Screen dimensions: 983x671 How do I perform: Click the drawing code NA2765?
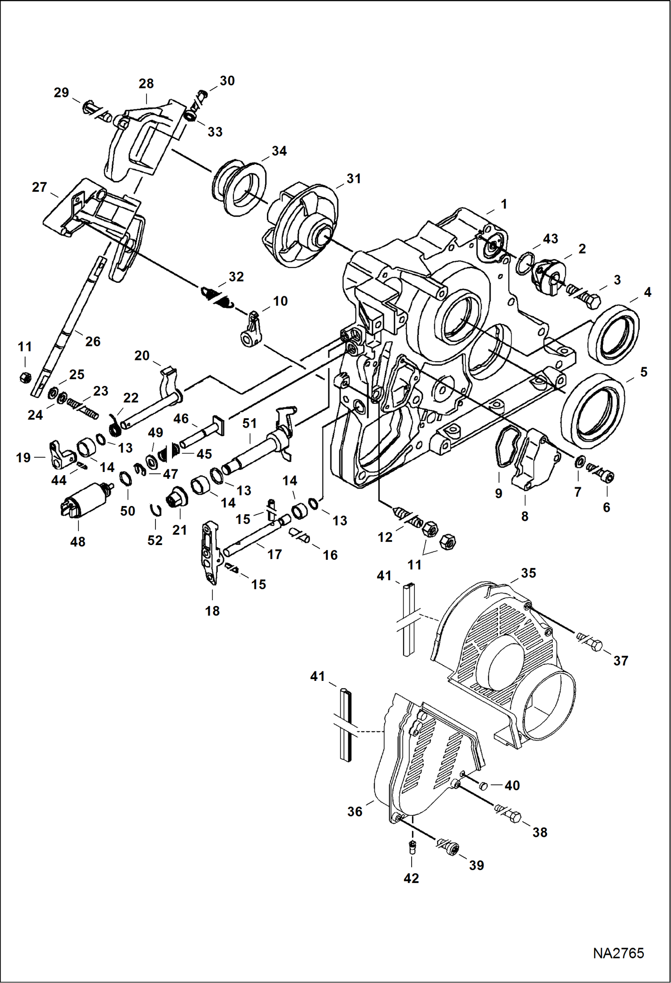(x=618, y=953)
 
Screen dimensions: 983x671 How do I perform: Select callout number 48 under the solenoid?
(x=77, y=542)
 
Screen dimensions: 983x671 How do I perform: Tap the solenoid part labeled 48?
(x=85, y=500)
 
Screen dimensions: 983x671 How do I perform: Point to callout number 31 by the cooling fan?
(x=354, y=179)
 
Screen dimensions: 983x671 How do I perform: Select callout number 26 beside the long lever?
(x=93, y=342)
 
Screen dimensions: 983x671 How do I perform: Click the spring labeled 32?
(x=218, y=298)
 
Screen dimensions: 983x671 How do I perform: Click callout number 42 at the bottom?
(x=411, y=878)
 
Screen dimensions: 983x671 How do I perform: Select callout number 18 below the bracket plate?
(x=212, y=611)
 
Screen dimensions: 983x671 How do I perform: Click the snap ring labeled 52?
(x=155, y=510)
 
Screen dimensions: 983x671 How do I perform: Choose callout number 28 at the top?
(x=146, y=84)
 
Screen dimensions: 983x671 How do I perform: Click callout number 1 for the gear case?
(x=504, y=204)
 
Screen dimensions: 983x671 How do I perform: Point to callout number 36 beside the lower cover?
(x=355, y=811)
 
